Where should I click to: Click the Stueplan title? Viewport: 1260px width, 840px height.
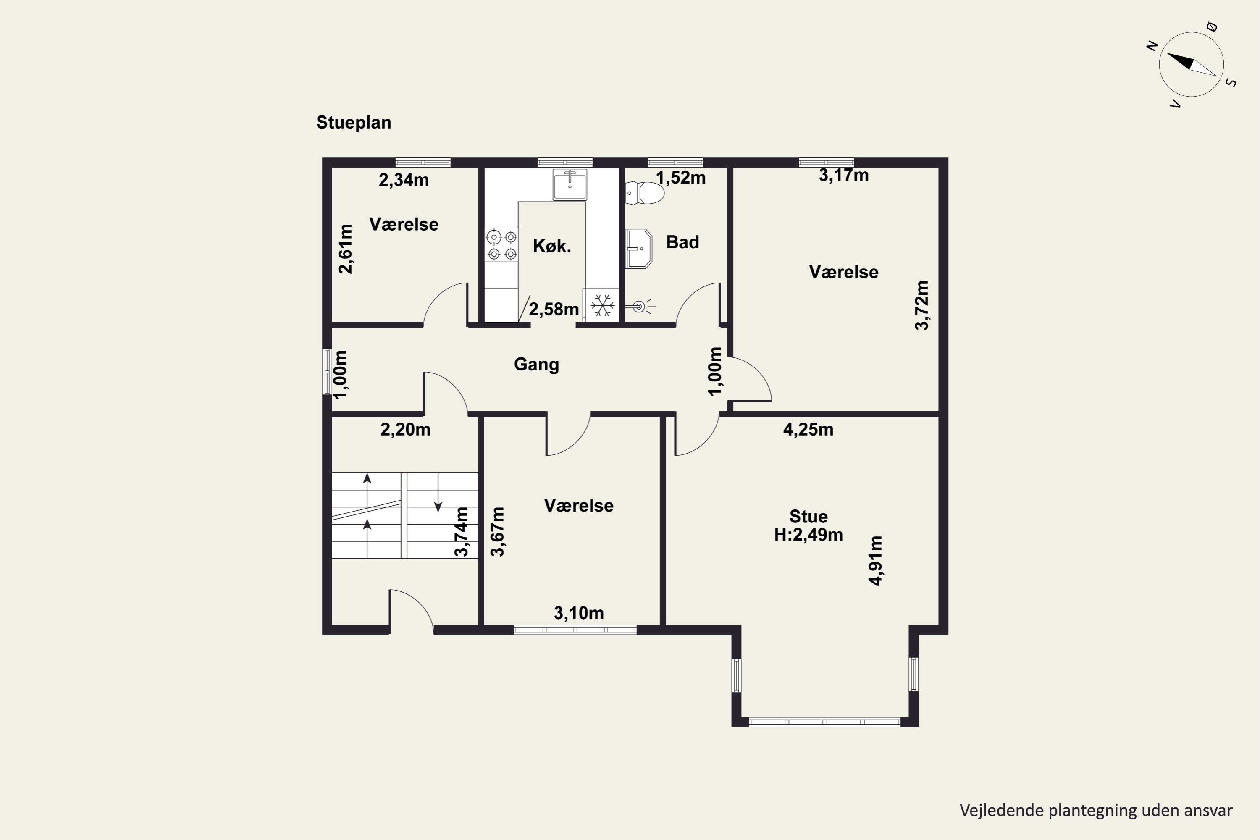(354, 123)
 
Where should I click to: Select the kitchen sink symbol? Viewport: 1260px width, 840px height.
(570, 184)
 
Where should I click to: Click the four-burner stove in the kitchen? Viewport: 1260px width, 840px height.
(501, 245)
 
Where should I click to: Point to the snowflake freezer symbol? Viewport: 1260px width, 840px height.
(602, 305)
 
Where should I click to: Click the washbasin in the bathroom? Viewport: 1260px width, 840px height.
(638, 249)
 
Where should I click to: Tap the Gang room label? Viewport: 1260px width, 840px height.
(536, 364)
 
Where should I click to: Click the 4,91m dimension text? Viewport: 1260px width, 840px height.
(875, 560)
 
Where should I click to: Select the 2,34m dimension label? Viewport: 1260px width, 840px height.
(404, 180)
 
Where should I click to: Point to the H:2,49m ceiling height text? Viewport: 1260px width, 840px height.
(808, 535)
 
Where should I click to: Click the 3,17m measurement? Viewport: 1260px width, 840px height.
(844, 175)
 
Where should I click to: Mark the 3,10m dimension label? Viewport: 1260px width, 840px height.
(579, 613)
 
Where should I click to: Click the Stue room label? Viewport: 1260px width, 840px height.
(808, 517)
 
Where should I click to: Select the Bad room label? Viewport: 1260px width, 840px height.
(682, 242)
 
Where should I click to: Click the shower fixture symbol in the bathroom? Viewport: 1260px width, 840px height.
(641, 307)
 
